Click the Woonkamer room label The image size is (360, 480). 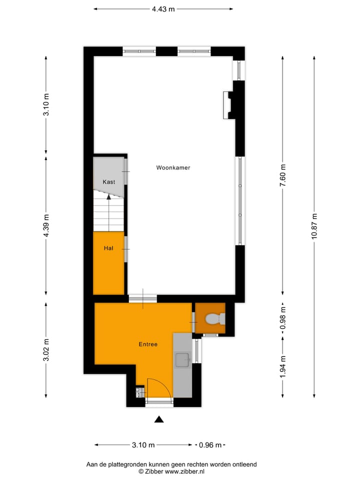(173, 168)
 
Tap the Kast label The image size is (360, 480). (108, 182)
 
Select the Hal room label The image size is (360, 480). (108, 248)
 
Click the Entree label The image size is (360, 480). (148, 344)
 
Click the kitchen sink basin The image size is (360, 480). (182, 358)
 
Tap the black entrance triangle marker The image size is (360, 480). (159, 419)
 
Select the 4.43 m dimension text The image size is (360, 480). (163, 8)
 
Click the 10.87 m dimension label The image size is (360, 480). (314, 226)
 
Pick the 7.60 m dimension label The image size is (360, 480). (283, 176)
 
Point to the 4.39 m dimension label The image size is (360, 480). (46, 226)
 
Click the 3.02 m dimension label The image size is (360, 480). (46, 350)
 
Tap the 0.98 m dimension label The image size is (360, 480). (283, 318)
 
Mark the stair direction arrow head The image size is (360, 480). (109, 197)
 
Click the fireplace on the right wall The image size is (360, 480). (228, 105)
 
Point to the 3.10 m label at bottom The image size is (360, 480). (143, 445)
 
